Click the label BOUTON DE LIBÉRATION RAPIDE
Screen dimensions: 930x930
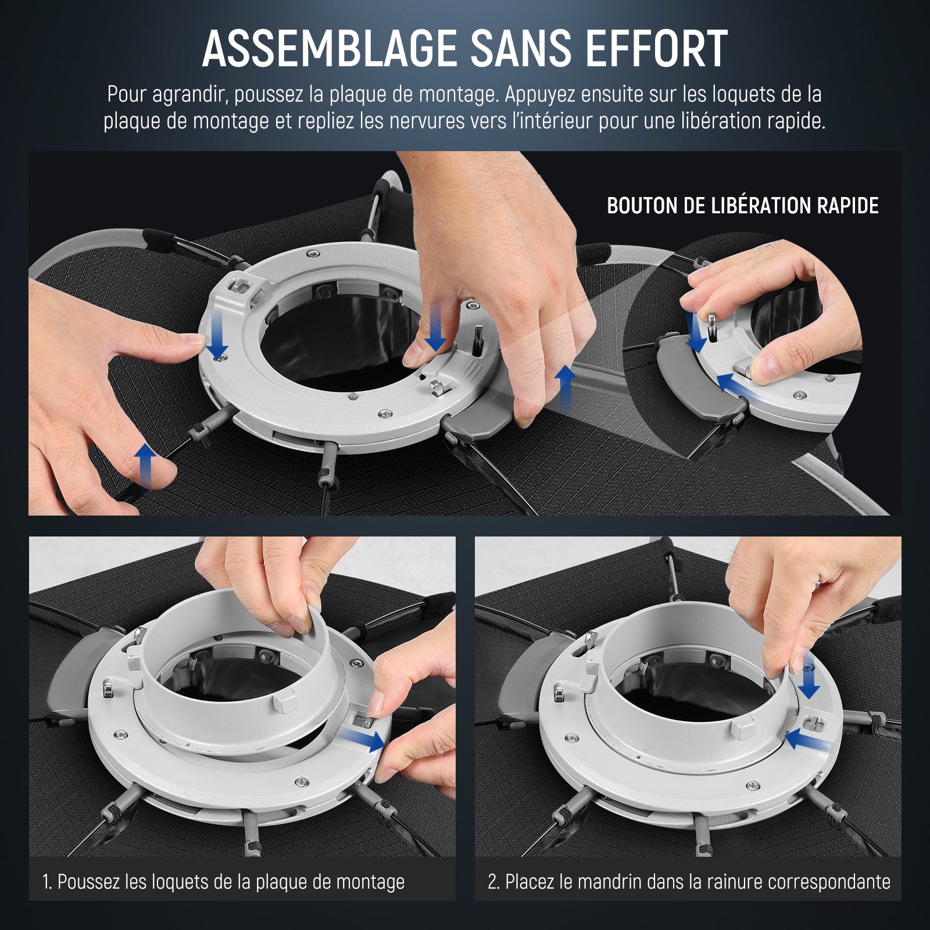(743, 206)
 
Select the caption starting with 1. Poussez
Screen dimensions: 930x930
(224, 882)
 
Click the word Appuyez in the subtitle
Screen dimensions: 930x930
(544, 95)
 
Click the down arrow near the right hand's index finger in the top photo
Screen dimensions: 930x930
(435, 330)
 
